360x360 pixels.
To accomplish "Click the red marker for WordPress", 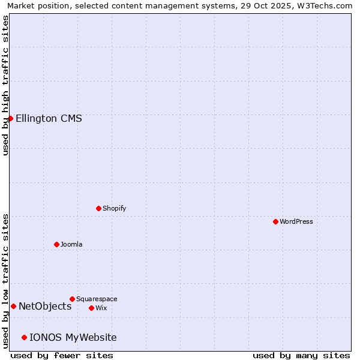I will click(275, 221).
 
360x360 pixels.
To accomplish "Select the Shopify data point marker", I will click(98, 208).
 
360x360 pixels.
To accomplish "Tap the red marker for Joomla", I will click(56, 244).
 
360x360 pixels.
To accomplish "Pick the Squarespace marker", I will click(72, 299).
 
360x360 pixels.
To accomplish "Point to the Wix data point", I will click(91, 308).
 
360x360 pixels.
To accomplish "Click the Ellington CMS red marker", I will click(10, 118).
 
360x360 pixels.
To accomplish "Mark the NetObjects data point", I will click(13, 306).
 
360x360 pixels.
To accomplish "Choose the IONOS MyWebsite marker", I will click(24, 337).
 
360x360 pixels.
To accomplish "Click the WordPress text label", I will click(296, 221).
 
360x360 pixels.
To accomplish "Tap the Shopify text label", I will click(114, 208).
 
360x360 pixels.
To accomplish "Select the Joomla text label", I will click(71, 244).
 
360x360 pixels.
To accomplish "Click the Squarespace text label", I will click(97, 299).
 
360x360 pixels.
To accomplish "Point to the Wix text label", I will click(101, 308).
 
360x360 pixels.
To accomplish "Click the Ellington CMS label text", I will click(49, 118).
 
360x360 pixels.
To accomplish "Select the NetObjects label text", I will click(45, 306).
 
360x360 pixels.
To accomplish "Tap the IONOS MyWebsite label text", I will click(73, 337).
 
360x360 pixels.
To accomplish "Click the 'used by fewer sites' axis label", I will click(62, 355).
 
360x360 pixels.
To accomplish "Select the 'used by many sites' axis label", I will click(301, 355).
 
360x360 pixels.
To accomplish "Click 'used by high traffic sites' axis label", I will click(5, 85).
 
